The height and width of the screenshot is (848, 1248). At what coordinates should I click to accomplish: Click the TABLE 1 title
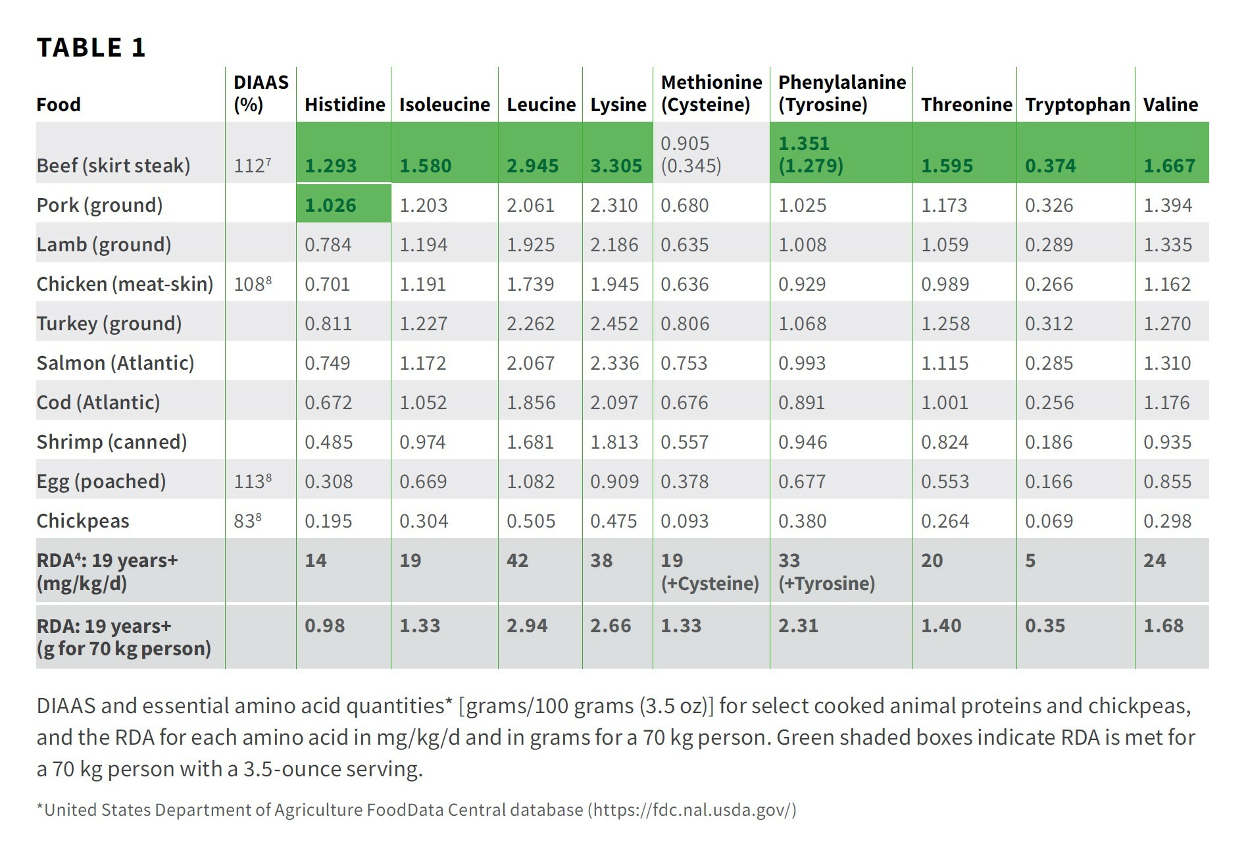pyautogui.click(x=91, y=47)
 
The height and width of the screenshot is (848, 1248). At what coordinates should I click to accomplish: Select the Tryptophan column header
pyautogui.click(x=1077, y=105)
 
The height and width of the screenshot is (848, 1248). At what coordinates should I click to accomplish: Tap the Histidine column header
pyautogui.click(x=345, y=105)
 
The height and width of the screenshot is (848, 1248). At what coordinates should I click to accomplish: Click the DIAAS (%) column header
pyautogui.click(x=261, y=93)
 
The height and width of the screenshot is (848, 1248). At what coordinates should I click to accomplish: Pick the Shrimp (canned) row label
pyautogui.click(x=112, y=441)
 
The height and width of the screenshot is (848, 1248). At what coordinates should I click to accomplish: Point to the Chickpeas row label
pyautogui.click(x=83, y=520)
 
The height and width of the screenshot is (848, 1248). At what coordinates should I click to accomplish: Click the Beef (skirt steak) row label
pyautogui.click(x=113, y=165)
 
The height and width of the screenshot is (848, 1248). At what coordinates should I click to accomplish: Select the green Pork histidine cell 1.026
pyautogui.click(x=330, y=205)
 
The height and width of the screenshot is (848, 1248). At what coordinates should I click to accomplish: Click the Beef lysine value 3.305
pyautogui.click(x=616, y=166)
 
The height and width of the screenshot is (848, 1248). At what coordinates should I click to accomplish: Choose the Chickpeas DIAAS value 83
pyautogui.click(x=247, y=520)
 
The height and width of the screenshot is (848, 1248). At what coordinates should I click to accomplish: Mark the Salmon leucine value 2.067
pyautogui.click(x=530, y=363)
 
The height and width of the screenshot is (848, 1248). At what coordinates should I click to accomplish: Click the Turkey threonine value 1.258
pyautogui.click(x=945, y=324)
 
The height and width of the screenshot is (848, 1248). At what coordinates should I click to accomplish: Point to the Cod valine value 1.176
pyautogui.click(x=1166, y=403)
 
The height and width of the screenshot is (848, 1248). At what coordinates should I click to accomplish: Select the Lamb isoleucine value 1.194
pyautogui.click(x=423, y=245)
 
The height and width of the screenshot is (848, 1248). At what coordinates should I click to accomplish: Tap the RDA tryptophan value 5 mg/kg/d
pyautogui.click(x=1030, y=561)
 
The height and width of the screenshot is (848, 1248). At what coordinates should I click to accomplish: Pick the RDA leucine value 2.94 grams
pyautogui.click(x=526, y=626)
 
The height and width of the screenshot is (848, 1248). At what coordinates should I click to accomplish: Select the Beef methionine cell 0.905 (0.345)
pyautogui.click(x=691, y=154)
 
